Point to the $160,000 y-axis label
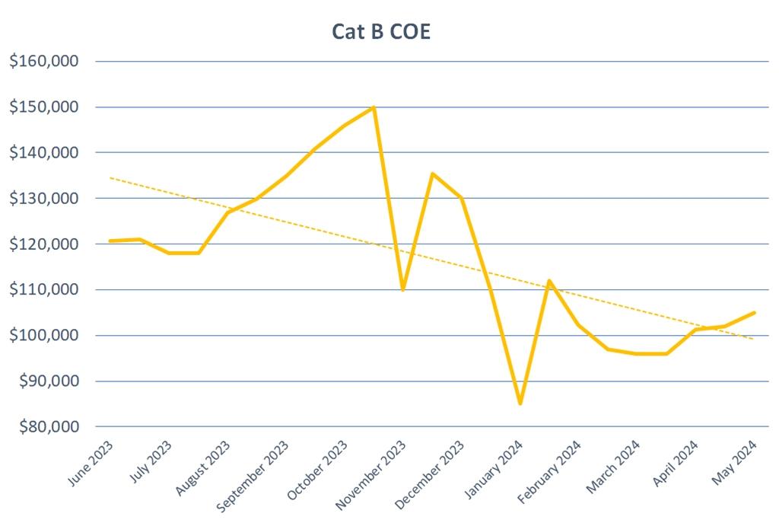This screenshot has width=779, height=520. click(x=45, y=62)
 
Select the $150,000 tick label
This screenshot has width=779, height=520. click(x=45, y=107)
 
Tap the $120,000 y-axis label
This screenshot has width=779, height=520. click(x=45, y=244)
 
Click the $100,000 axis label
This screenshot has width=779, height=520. click(x=45, y=336)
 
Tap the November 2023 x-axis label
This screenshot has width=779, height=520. click(x=374, y=474)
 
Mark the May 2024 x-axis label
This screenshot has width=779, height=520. click(x=735, y=462)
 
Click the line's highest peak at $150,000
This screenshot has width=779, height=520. click(x=374, y=107)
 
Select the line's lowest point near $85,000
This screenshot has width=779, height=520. click(x=520, y=404)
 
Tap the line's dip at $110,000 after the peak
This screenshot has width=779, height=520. click(x=402, y=289)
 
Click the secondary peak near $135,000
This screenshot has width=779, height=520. click(x=432, y=174)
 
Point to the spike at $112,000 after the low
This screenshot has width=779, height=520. click(x=549, y=280)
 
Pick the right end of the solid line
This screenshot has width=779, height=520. click(x=754, y=312)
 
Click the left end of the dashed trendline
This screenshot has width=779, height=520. click(x=111, y=178)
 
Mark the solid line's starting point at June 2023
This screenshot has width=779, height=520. click(x=111, y=241)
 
